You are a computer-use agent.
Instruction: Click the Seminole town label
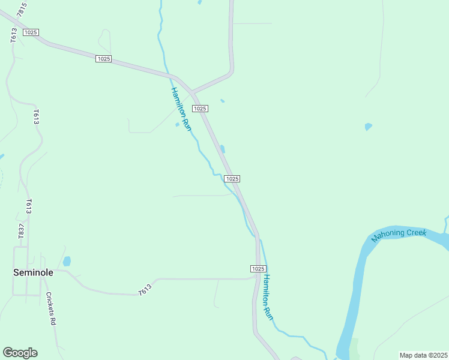pos(34,272)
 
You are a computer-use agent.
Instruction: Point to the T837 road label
pos(22,231)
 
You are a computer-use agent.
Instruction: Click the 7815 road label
pos(22,9)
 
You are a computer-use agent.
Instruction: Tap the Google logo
pos(20,353)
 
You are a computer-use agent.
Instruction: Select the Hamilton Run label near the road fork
pos(181,109)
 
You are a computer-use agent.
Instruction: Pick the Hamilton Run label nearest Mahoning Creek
pos(268,296)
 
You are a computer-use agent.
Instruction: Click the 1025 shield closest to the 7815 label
pos(31,31)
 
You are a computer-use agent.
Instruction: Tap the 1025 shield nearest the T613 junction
pos(258,268)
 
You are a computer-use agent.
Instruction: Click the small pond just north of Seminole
pos(67,262)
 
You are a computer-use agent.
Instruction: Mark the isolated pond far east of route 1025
pos(368,127)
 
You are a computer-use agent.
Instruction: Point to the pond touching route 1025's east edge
pos(223,149)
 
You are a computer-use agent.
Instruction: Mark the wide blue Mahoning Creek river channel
pos(354,288)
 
